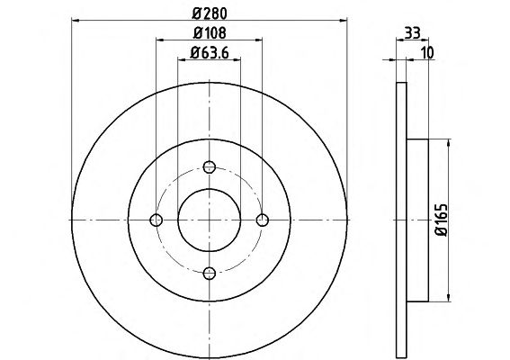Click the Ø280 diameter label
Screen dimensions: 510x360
point(210,13)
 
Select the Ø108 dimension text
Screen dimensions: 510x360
point(210,33)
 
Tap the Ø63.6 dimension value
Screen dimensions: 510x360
point(210,52)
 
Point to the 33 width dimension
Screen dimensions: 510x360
point(413,33)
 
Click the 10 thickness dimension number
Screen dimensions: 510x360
point(428,53)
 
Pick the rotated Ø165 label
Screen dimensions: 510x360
point(442,220)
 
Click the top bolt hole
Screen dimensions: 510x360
point(210,167)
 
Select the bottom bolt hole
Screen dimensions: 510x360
point(210,273)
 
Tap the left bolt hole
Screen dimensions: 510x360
point(157,220)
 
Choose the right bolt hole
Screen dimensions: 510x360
point(262,220)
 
